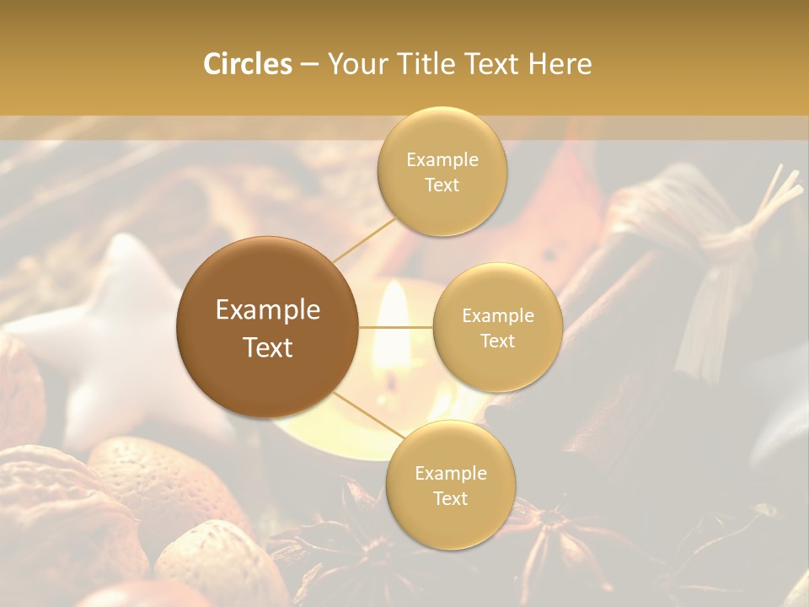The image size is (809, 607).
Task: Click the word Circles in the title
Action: click(x=248, y=64)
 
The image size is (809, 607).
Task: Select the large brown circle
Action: click(x=267, y=327)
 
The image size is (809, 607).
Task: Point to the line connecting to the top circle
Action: click(x=364, y=238)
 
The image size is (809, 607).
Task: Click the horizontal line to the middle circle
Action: click(x=396, y=327)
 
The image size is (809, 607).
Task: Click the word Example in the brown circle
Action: click(x=267, y=310)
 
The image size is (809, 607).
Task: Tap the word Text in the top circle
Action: click(x=442, y=185)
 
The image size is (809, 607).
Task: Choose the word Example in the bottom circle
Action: click(x=450, y=473)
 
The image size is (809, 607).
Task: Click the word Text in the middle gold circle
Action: click(x=497, y=341)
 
